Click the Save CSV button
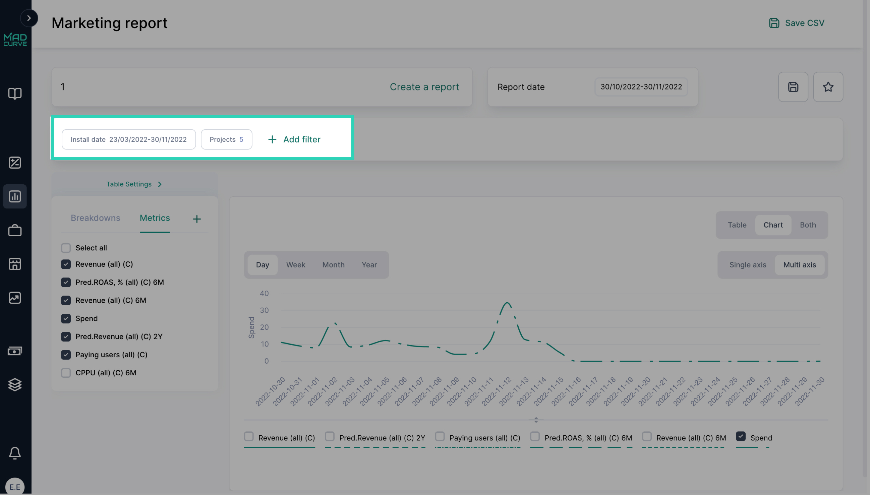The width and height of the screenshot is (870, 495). pyautogui.click(x=797, y=23)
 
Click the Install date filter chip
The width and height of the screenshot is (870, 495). pyautogui.click(x=128, y=139)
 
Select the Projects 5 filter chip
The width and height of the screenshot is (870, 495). pyautogui.click(x=226, y=139)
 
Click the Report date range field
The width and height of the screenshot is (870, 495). pyautogui.click(x=641, y=87)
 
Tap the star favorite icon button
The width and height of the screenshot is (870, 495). pyautogui.click(x=828, y=87)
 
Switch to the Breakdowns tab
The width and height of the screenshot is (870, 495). pyautogui.click(x=95, y=218)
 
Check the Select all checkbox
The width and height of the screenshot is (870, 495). pyautogui.click(x=66, y=248)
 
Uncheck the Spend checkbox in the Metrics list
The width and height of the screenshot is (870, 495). pyautogui.click(x=66, y=319)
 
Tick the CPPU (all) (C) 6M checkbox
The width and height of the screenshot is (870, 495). pyautogui.click(x=66, y=373)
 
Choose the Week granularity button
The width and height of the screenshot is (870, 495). pyautogui.click(x=296, y=265)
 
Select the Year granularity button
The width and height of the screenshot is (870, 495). pyautogui.click(x=369, y=265)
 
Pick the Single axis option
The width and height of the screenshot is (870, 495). pyautogui.click(x=748, y=265)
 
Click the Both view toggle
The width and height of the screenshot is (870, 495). pyautogui.click(x=807, y=225)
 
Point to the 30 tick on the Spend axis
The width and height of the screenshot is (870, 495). pyautogui.click(x=264, y=310)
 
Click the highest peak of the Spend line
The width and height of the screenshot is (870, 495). pyautogui.click(x=507, y=303)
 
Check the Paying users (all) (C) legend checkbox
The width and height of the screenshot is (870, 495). pyautogui.click(x=440, y=436)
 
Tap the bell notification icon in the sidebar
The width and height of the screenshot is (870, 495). pyautogui.click(x=15, y=453)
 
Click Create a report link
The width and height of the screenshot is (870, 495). pyautogui.click(x=424, y=87)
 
